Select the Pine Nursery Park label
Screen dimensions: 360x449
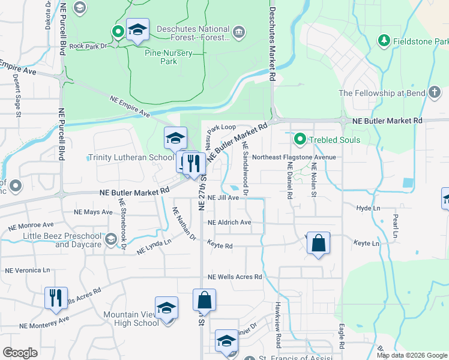pyautogui.click(x=169, y=57)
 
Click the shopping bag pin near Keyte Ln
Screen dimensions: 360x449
pyautogui.click(x=318, y=244)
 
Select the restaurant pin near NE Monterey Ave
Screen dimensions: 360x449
pyautogui.click(x=55, y=298)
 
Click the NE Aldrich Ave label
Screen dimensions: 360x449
pyautogui.click(x=229, y=222)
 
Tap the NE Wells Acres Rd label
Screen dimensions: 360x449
pyautogui.click(x=235, y=277)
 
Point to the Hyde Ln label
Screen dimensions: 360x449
pyautogui.click(x=369, y=208)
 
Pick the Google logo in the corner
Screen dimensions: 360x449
pyautogui.click(x=20, y=353)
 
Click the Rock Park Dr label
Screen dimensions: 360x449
pyautogui.click(x=88, y=46)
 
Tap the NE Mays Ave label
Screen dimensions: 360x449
pyautogui.click(x=93, y=212)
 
